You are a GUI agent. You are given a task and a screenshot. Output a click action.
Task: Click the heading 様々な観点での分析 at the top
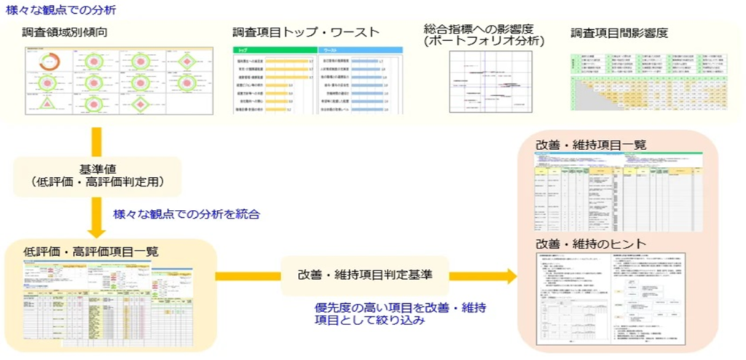(60, 11)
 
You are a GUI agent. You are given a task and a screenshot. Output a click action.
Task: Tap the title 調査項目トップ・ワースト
(306, 32)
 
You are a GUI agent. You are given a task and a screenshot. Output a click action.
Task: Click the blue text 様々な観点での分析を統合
(186, 214)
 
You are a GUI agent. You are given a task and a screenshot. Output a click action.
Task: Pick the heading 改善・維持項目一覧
(590, 145)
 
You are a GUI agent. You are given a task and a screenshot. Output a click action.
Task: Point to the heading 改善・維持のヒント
(590, 243)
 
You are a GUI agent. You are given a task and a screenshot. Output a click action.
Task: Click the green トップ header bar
(273, 50)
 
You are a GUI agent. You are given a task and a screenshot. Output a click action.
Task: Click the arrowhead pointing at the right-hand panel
(509, 275)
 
